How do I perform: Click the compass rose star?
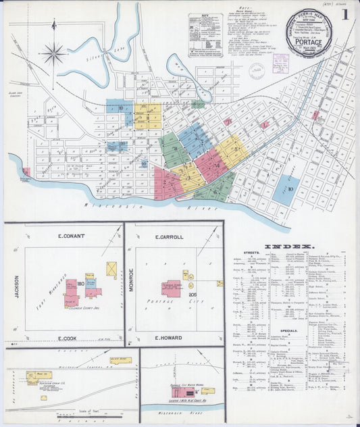pos(53,52)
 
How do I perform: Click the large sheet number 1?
pos(345,14)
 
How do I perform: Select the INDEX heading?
pos(289,247)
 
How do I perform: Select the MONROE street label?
pos(132,280)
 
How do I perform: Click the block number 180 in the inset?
pos(80,283)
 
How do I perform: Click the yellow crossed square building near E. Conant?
pos(111,268)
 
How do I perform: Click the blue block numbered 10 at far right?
pos(289,190)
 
